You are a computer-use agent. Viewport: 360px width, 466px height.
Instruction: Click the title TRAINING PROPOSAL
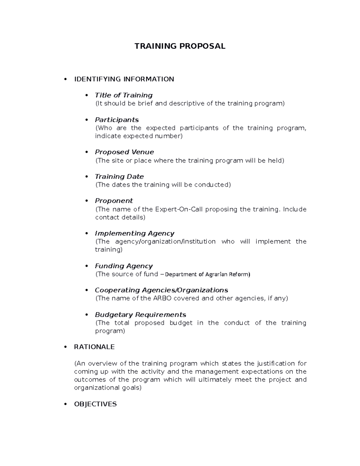pos(180,46)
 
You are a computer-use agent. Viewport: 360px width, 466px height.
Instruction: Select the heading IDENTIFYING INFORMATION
pos(124,79)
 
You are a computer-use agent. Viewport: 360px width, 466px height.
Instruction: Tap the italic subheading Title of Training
pos(124,95)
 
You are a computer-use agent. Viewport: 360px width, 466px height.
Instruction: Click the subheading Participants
pos(117,120)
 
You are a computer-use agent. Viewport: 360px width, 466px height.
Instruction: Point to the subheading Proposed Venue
pos(124,152)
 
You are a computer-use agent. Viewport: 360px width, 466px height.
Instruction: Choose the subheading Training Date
pos(119,177)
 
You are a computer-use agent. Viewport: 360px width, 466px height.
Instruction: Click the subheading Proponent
pos(114,201)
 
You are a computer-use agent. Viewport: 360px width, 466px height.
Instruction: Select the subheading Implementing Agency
pos(134,233)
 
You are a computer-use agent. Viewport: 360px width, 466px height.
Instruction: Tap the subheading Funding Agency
pos(124,266)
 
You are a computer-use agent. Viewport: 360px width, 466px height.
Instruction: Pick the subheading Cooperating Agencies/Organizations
pos(161,290)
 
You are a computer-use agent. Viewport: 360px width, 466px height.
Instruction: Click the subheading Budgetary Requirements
pos(140,315)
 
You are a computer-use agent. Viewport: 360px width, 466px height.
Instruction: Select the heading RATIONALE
pos(94,347)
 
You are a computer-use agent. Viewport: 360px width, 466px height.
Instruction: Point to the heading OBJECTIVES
pos(95,404)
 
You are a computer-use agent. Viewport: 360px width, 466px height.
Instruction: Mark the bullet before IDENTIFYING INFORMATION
pos(65,79)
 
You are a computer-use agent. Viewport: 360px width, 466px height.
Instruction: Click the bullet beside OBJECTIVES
pos(65,404)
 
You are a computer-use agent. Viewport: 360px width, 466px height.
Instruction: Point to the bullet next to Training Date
pos(87,176)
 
